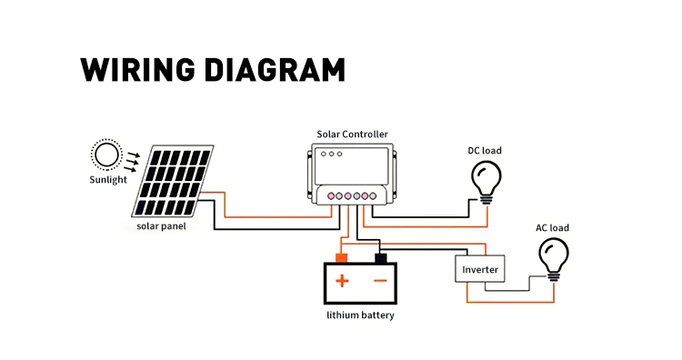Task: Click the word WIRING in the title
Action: [137, 70]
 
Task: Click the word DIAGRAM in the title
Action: [275, 70]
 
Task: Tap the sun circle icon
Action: [106, 155]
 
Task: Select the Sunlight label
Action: [108, 180]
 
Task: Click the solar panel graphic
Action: [173, 181]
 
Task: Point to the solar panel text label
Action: [161, 226]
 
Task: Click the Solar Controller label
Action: [352, 135]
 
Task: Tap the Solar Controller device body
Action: [352, 174]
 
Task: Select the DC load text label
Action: [485, 150]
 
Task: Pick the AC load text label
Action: [552, 228]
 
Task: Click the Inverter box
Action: [480, 269]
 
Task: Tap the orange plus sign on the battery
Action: [342, 281]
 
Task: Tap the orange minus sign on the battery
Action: [380, 281]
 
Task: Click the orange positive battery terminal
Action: [341, 258]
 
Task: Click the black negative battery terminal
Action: [381, 258]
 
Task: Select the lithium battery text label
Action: [361, 315]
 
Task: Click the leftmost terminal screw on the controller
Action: [331, 196]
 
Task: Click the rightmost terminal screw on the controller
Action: [373, 196]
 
